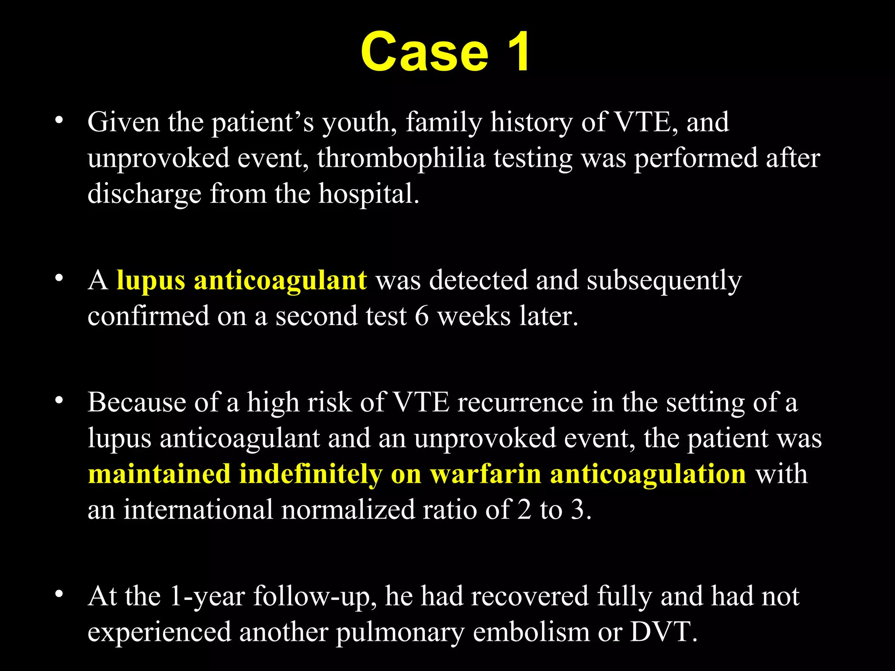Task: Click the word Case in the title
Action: click(424, 52)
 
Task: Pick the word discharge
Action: click(144, 194)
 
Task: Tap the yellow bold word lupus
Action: click(151, 281)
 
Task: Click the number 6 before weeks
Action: click(422, 316)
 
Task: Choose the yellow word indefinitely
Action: click(311, 474)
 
